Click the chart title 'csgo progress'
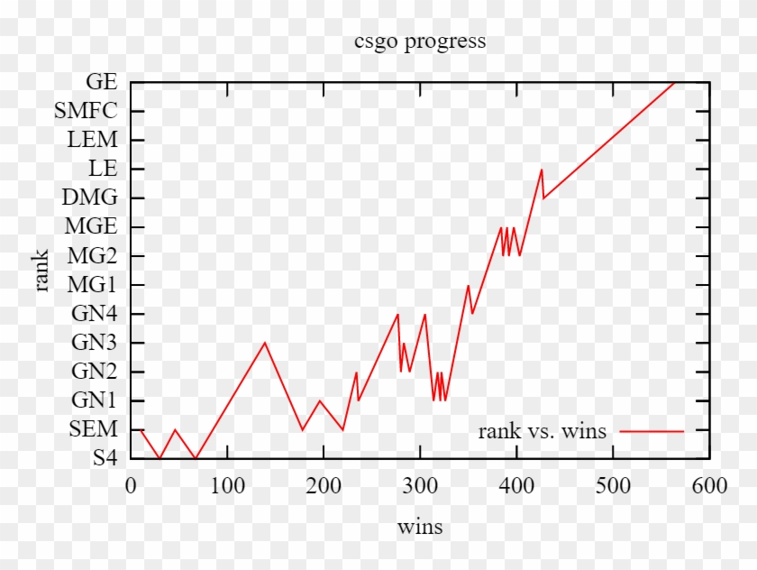pos(420,41)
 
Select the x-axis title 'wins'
pos(420,527)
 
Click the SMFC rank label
pos(86,111)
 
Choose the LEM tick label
pos(93,140)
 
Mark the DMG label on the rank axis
pos(90,198)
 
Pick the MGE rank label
pos(91,226)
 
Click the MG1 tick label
pos(93,285)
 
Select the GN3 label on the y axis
pos(95,343)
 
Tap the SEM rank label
pos(94,429)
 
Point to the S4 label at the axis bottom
pos(105,458)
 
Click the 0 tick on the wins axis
pos(131,486)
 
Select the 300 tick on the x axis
pos(420,486)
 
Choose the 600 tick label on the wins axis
pos(709,486)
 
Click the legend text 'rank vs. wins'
pos(543,431)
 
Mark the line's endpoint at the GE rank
pos(675,82)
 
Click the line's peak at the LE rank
pos(542,170)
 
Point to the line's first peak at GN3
pos(265,343)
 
